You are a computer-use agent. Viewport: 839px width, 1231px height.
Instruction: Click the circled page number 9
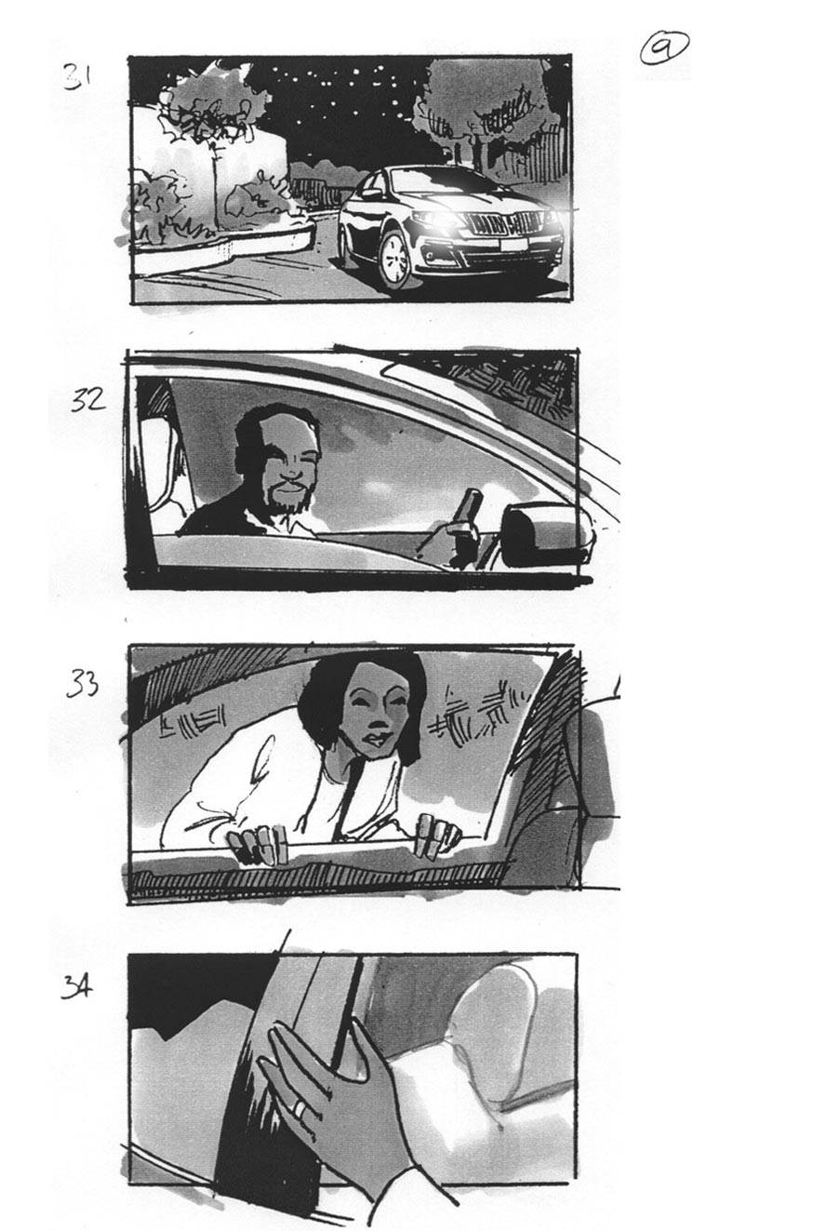tap(664, 49)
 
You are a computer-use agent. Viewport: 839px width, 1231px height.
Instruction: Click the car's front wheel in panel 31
tap(396, 257)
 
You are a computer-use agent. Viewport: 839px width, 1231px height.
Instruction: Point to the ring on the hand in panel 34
tap(299, 1108)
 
